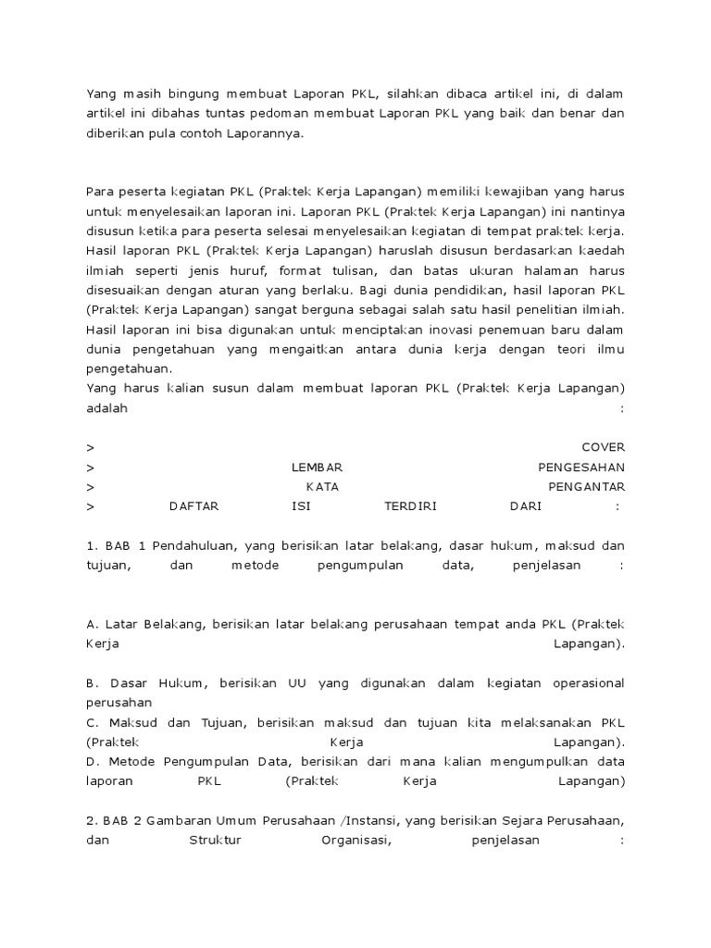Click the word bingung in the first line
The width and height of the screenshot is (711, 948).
186,94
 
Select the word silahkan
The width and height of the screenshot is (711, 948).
415,94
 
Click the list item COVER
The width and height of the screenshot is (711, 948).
603,447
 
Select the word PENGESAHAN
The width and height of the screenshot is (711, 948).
581,467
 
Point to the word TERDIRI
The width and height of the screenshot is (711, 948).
409,506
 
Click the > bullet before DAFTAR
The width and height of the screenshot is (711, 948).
90,506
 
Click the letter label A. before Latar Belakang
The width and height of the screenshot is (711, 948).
92,624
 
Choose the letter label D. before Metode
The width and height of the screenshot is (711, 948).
93,761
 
